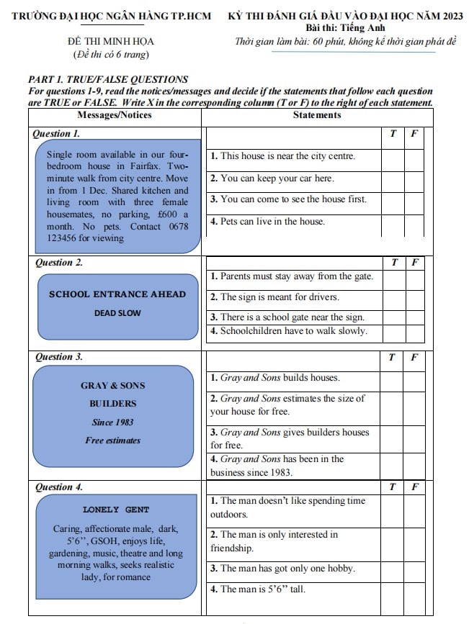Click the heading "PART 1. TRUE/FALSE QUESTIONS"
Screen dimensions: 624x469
click(x=107, y=80)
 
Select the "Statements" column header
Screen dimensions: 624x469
click(x=317, y=114)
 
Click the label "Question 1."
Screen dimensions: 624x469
click(x=58, y=134)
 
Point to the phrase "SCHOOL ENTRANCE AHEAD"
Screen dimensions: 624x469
click(x=117, y=294)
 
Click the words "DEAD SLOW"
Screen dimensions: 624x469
click(x=117, y=313)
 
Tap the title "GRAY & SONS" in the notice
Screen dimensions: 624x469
click(x=112, y=385)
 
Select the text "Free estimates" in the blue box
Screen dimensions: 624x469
click(x=112, y=440)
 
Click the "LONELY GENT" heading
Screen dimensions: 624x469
click(x=116, y=510)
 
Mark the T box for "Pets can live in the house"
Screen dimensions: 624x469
click(x=393, y=223)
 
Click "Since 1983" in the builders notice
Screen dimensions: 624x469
click(x=112, y=422)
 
